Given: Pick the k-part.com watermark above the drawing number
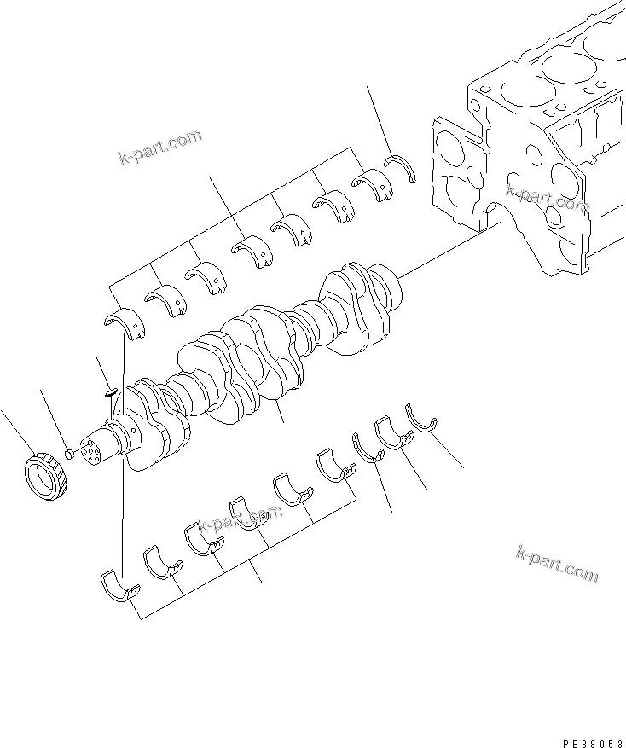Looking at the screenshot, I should point(557,563).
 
